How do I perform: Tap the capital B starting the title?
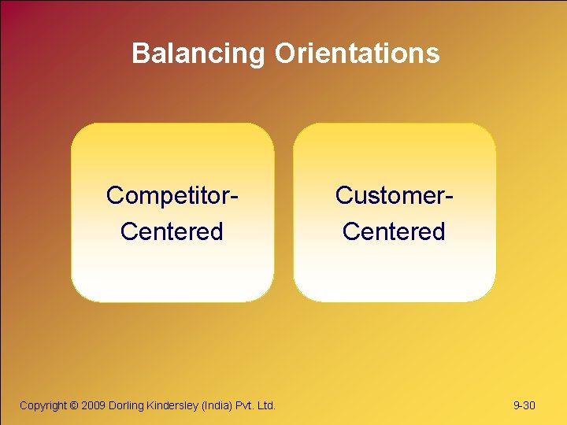tap(141, 54)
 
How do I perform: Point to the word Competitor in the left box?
tap(169, 195)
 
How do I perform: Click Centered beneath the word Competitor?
tap(172, 232)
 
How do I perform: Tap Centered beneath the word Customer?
tap(394, 232)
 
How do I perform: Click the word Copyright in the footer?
tap(43, 405)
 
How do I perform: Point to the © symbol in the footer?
tap(75, 405)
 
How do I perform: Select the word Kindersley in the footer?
tap(173, 405)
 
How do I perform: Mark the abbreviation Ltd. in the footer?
tap(268, 405)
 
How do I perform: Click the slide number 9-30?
tap(524, 405)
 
